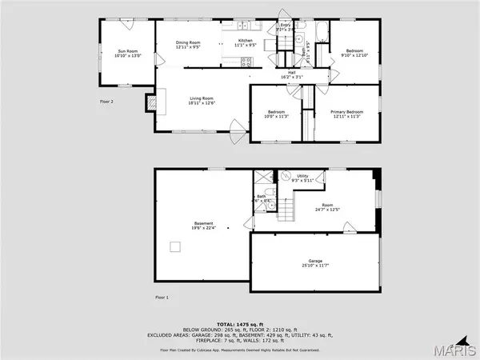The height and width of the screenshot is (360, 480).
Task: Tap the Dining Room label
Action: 186,42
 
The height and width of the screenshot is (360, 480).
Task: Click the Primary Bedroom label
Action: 348,112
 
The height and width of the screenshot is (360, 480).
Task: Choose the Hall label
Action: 294,71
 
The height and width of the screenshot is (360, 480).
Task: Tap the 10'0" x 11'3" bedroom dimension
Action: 277,117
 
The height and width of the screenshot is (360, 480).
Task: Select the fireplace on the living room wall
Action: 150,102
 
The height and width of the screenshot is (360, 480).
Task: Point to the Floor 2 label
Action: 107,102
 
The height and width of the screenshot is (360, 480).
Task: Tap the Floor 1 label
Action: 162,297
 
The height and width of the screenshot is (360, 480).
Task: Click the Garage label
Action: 317,262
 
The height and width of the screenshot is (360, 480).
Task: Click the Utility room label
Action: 302,176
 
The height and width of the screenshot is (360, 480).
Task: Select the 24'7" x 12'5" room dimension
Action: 327,210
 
